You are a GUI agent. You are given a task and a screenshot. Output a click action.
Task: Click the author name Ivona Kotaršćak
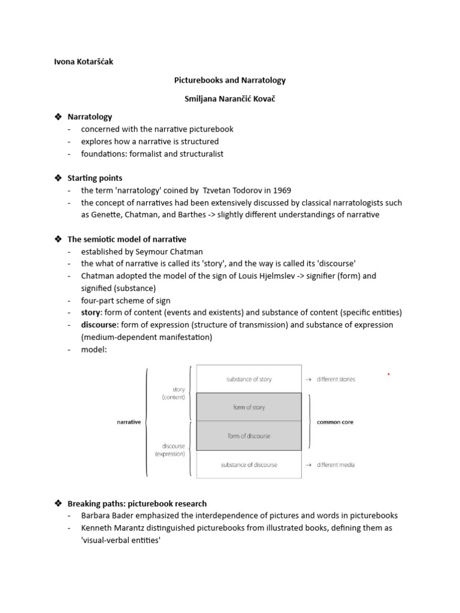83,62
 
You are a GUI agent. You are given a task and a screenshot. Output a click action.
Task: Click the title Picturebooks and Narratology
229,80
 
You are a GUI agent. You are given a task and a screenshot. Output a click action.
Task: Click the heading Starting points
95,178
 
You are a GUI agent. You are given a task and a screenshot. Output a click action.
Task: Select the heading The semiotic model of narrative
126,239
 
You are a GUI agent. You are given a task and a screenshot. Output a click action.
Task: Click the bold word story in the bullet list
92,312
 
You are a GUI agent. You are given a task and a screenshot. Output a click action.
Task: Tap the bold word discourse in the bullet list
99,324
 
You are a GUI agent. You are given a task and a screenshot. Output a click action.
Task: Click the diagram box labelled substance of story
249,379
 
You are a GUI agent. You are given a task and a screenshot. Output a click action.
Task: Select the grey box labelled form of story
249,407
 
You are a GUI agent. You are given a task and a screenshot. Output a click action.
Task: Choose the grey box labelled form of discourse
249,436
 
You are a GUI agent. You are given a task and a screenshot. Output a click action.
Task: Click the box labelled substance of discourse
249,465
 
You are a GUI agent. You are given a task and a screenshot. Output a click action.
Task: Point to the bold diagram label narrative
129,422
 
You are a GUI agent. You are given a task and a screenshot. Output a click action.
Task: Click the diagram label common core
335,422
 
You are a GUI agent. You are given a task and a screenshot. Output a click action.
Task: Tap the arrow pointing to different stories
308,380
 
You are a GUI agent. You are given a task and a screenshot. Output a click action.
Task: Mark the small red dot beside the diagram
389,374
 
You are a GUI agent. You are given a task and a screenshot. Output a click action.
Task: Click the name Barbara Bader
107,515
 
